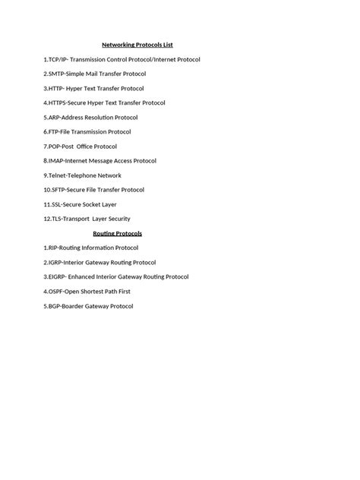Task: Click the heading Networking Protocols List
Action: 144,45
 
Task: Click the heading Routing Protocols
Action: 118,233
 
